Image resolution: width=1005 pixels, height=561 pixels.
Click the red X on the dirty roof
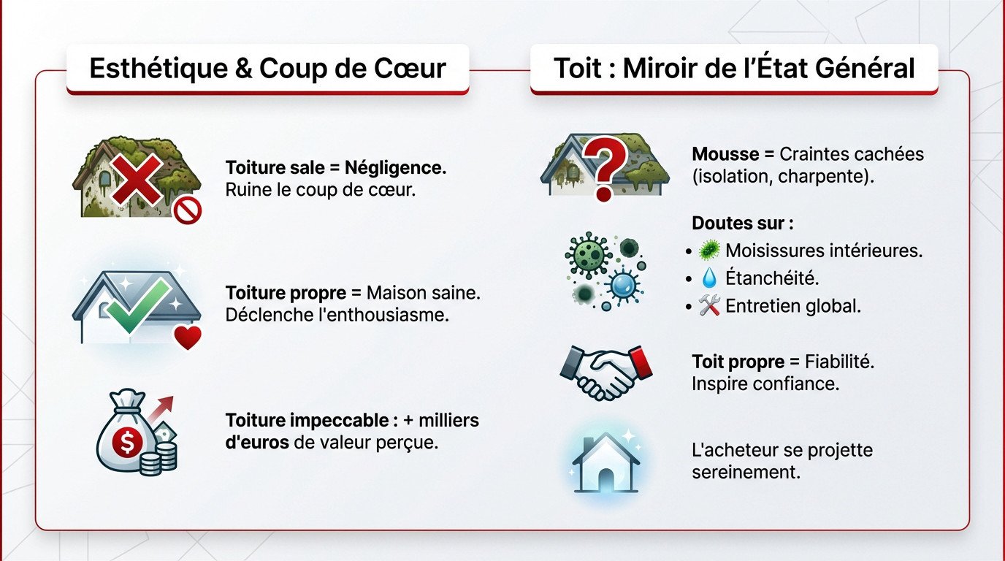(x=137, y=177)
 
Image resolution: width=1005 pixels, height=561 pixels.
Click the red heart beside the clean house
(x=188, y=337)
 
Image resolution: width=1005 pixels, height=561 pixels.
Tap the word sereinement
(x=746, y=473)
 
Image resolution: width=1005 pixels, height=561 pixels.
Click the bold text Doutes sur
(x=742, y=223)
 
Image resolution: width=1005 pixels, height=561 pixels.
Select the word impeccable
(x=343, y=421)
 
